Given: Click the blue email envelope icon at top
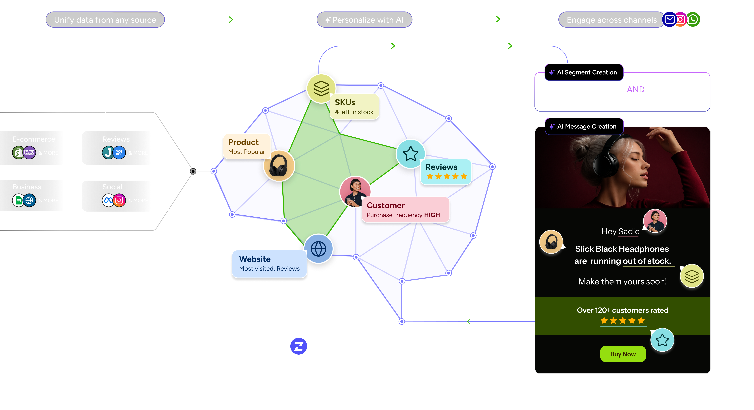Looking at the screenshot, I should tap(669, 20).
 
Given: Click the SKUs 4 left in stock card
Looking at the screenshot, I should tap(354, 107).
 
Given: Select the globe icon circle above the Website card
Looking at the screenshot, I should tap(318, 249).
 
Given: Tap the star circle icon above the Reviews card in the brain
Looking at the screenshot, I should tap(410, 153).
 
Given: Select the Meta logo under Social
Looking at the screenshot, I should tap(108, 200).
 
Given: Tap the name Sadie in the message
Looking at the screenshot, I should tap(629, 231).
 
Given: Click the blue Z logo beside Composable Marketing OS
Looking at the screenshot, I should tap(299, 346).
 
